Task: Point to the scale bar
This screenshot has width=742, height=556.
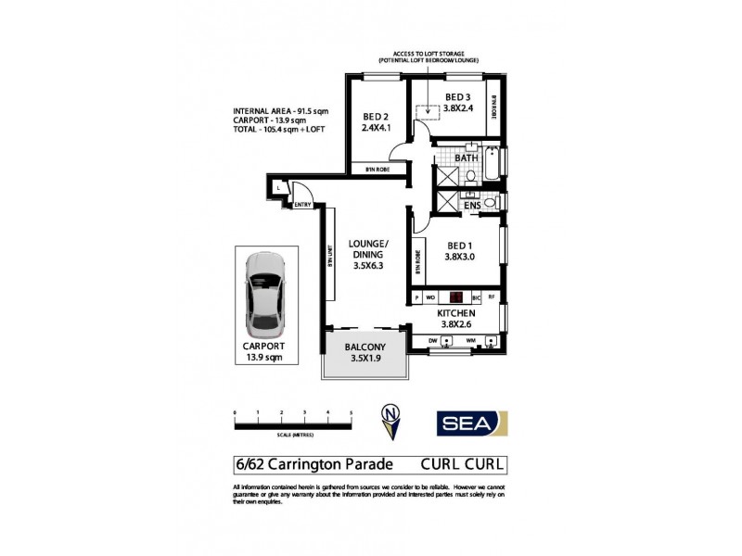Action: [x=293, y=423]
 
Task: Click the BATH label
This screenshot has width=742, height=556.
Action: [x=466, y=158]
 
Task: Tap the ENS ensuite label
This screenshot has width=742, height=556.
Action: [x=471, y=205]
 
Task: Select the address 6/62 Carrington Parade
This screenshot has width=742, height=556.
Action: [x=314, y=463]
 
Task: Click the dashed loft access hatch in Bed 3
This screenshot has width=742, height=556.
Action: [x=429, y=113]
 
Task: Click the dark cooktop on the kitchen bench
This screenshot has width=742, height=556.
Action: [x=456, y=297]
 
